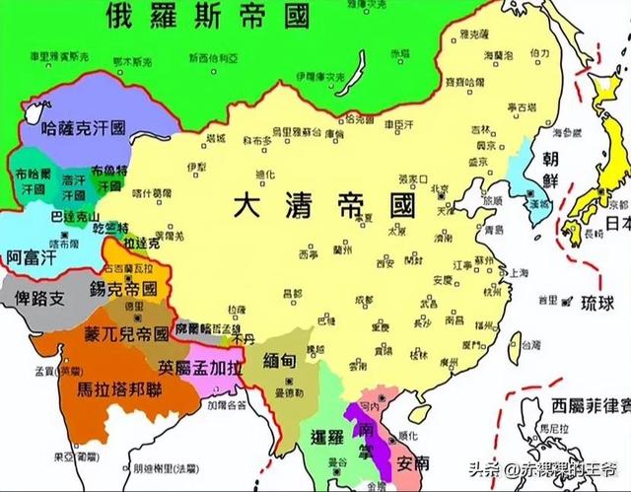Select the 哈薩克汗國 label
(84, 128)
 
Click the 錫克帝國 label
(123, 291)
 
